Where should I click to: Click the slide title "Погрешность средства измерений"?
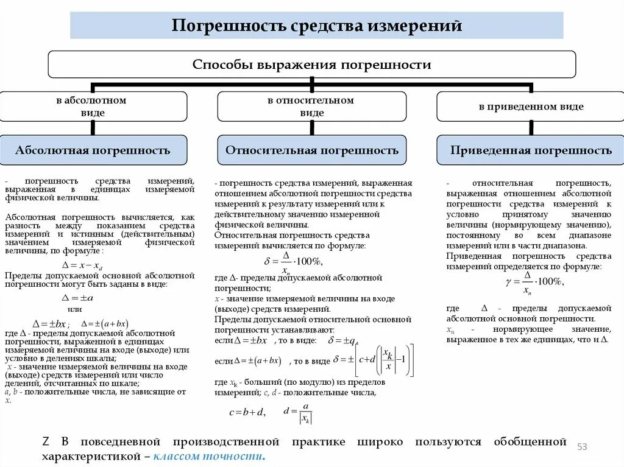coord(316,26)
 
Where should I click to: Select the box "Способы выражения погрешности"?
coord(311,65)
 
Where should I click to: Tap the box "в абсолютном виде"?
coord(93,107)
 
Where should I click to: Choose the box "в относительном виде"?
coord(311,107)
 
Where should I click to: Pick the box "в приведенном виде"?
coord(531,107)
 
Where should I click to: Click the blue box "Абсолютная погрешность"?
coord(93,150)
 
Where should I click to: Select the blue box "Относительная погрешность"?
coord(311,150)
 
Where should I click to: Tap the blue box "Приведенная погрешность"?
coord(531,150)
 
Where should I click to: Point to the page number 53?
coord(582,448)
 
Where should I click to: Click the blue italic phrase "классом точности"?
coord(209,457)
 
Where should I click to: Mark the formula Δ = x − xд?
coord(82,265)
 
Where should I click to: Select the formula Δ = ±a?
coord(78,298)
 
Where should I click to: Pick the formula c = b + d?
coord(246,412)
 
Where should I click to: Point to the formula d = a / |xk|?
coord(298,412)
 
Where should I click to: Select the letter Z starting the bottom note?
coord(45,441)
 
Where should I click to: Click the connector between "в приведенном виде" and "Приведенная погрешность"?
coord(531,128)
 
